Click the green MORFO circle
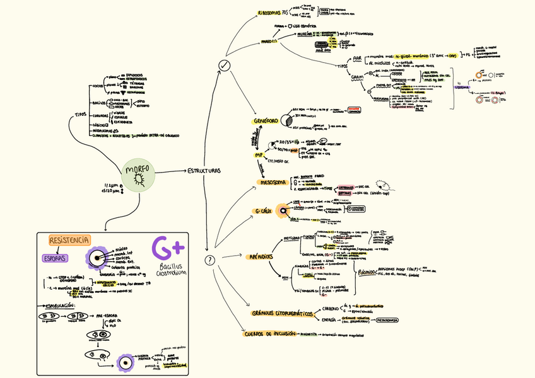138,175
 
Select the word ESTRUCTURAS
203,171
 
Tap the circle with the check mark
224,66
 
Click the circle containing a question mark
211,260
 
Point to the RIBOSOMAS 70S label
276,13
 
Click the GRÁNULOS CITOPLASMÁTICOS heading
283,313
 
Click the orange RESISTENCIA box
69,240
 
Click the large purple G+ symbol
167,249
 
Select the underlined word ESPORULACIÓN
61,306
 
